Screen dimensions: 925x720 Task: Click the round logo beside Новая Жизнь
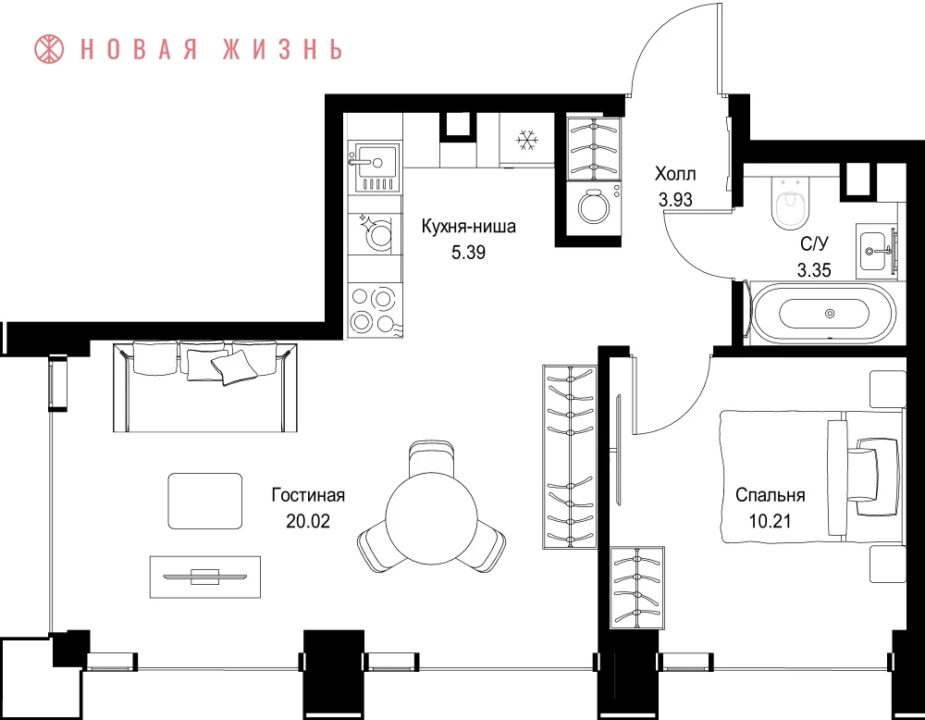pos(49,49)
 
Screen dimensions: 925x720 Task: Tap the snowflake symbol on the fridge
pos(527,140)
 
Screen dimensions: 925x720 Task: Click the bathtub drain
pos(830,314)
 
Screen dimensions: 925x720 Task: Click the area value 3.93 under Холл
pos(675,200)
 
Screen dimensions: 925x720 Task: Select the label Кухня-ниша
pos(468,226)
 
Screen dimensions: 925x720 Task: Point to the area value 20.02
pos(308,521)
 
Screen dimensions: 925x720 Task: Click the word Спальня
pos(770,494)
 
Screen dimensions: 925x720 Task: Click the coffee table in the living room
pos(205,501)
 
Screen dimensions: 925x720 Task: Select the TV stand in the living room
pos(205,577)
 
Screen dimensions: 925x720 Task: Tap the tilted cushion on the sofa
pos(234,367)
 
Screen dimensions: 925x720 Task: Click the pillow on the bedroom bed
pos(874,469)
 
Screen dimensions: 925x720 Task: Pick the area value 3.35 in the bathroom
pos(814,270)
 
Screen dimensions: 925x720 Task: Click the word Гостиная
pos(308,494)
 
